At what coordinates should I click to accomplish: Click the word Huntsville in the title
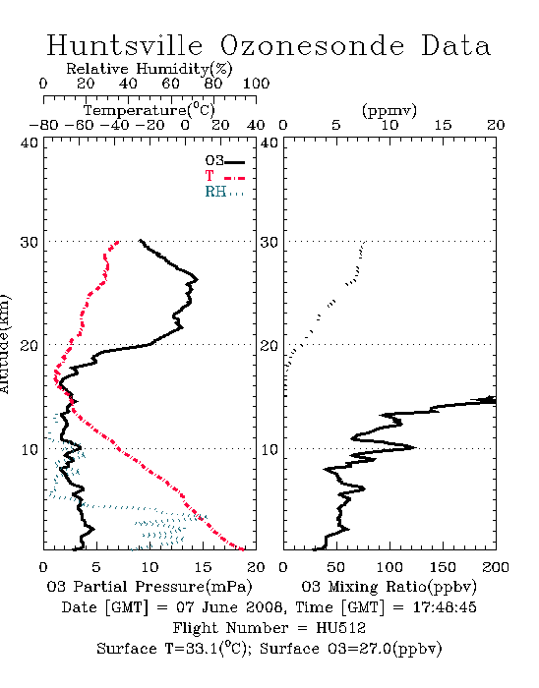[125, 45]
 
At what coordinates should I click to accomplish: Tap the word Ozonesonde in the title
[312, 45]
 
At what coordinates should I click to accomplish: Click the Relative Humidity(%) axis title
[150, 69]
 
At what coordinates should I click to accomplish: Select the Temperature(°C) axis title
[150, 110]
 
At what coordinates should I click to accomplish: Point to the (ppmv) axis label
[389, 110]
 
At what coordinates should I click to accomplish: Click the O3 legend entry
[224, 161]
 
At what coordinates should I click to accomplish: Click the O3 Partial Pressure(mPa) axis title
[150, 587]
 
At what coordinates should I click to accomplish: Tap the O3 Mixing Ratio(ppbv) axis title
[389, 587]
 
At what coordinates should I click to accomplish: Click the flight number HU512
[341, 627]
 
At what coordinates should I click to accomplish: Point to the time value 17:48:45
[445, 606]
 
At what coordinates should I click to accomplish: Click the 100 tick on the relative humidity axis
[256, 84]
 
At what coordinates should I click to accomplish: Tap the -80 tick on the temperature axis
[43, 125]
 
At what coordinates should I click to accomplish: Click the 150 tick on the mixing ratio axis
[443, 567]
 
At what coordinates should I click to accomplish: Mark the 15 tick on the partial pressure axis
[203, 567]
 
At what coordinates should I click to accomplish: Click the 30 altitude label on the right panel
[269, 242]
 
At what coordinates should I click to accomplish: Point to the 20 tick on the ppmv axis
[496, 125]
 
